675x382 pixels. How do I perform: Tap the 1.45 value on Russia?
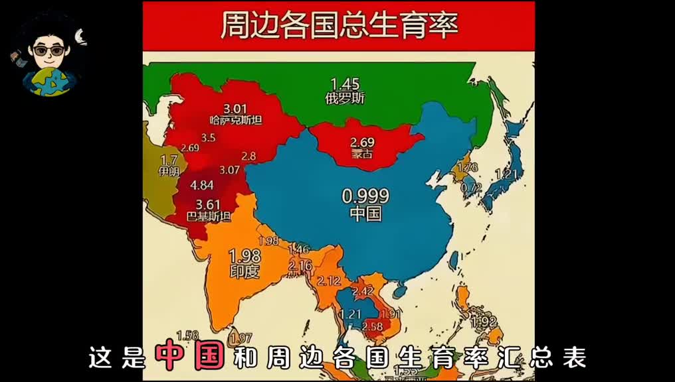click(x=345, y=84)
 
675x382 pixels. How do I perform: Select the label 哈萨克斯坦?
click(x=235, y=120)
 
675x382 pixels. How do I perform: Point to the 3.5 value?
click(x=208, y=138)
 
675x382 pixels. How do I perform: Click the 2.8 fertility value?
click(x=248, y=156)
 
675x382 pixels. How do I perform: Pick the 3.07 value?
click(x=229, y=170)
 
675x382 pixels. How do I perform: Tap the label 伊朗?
click(x=169, y=171)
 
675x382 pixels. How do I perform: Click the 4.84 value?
click(x=201, y=184)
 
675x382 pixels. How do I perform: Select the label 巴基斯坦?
click(x=209, y=216)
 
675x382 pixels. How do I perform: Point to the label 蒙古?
click(x=362, y=154)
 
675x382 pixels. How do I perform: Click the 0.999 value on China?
click(x=365, y=196)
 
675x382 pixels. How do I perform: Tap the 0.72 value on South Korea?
click(x=470, y=188)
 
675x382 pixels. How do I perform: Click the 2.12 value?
click(x=330, y=280)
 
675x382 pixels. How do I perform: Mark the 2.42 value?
click(x=363, y=290)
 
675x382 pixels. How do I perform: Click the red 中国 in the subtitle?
click(x=189, y=357)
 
